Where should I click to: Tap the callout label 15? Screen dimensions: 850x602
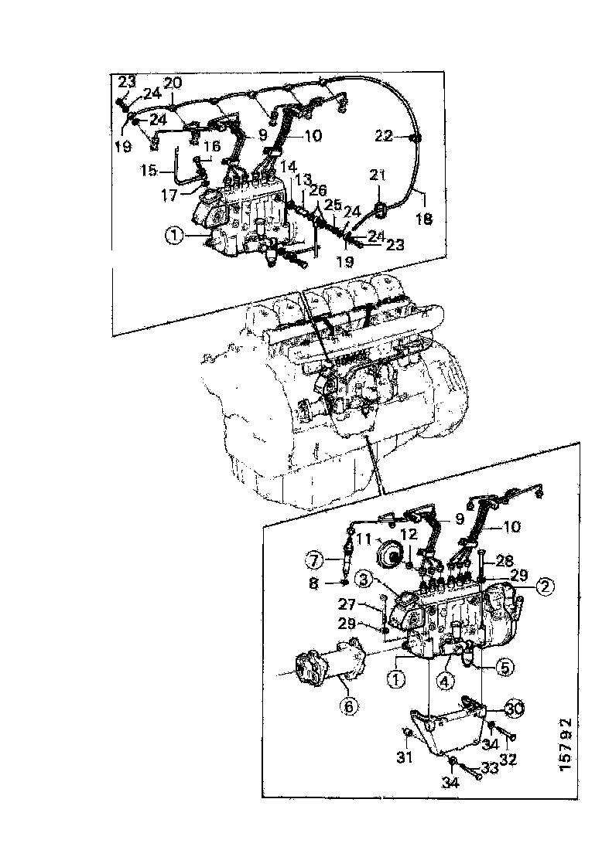click(x=147, y=168)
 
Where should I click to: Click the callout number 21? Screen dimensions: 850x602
click(x=377, y=178)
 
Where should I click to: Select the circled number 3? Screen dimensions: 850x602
click(x=364, y=579)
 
